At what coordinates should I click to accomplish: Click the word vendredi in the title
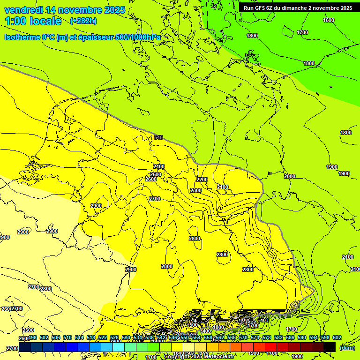click(x=23, y=10)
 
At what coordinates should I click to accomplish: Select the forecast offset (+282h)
click(x=83, y=21)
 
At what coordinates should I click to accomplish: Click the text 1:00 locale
click(x=33, y=21)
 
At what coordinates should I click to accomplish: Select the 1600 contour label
click(x=329, y=20)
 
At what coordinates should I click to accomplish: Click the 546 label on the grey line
click(x=158, y=137)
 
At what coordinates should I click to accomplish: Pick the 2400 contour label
click(x=159, y=166)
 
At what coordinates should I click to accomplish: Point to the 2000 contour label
click(x=290, y=176)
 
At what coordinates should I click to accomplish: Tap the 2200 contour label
click(x=202, y=180)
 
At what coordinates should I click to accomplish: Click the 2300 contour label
click(x=196, y=190)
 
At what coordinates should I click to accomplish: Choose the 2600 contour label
click(x=150, y=179)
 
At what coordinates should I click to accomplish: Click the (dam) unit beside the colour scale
click(x=347, y=347)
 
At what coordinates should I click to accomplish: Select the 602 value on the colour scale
click(x=337, y=337)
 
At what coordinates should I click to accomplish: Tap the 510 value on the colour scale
click(x=67, y=337)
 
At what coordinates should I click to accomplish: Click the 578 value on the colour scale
click(x=267, y=337)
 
